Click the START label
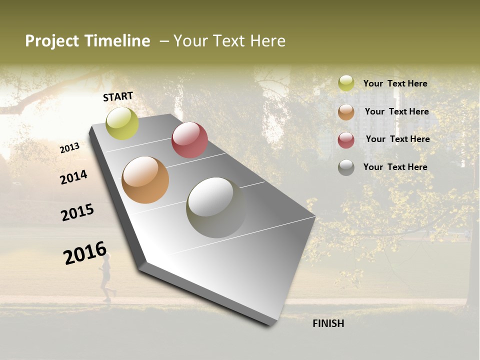[118, 96]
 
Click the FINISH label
[328, 323]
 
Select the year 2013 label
[70, 148]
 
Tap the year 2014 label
[73, 177]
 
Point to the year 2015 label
[77, 212]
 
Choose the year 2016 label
[85, 252]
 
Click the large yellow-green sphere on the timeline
[122, 123]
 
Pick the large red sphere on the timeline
[189, 139]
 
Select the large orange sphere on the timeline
[145, 180]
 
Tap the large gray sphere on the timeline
[216, 207]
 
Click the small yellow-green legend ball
[346, 83]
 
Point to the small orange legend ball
[346, 112]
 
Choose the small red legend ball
[346, 139]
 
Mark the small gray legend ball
[346, 167]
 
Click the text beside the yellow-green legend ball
[395, 83]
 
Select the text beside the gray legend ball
[395, 167]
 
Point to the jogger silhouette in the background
[106, 277]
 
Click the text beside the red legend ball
[397, 139]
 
